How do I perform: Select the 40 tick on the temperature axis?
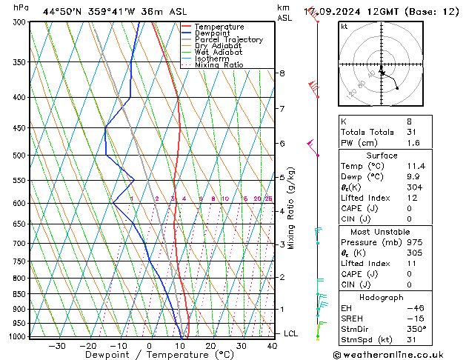tap(273, 345)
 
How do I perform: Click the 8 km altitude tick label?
tap(282, 73)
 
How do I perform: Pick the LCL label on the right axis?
tap(291, 333)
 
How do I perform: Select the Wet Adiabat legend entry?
tap(219, 52)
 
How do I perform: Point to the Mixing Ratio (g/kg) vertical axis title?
tap(291, 208)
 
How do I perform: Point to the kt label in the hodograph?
tap(344, 26)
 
